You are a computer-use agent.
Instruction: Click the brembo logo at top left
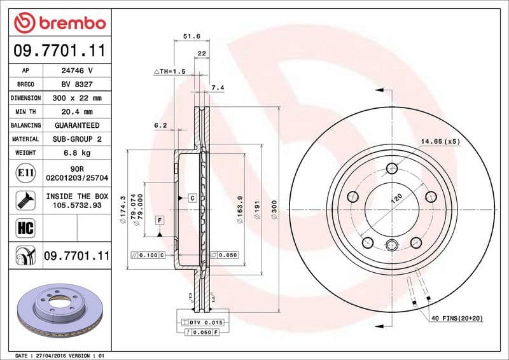(59, 23)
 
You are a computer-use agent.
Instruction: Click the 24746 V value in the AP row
(77, 70)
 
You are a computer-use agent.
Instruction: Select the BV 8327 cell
(77, 84)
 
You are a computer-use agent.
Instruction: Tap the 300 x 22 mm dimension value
(77, 98)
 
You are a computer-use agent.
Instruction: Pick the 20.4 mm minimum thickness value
(77, 112)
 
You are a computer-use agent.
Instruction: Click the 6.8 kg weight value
(77, 153)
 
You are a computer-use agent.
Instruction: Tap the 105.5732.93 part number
(77, 206)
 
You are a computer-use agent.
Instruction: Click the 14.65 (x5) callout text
(440, 141)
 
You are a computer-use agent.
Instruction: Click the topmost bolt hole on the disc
(392, 169)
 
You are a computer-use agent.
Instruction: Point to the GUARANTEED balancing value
(77, 125)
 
